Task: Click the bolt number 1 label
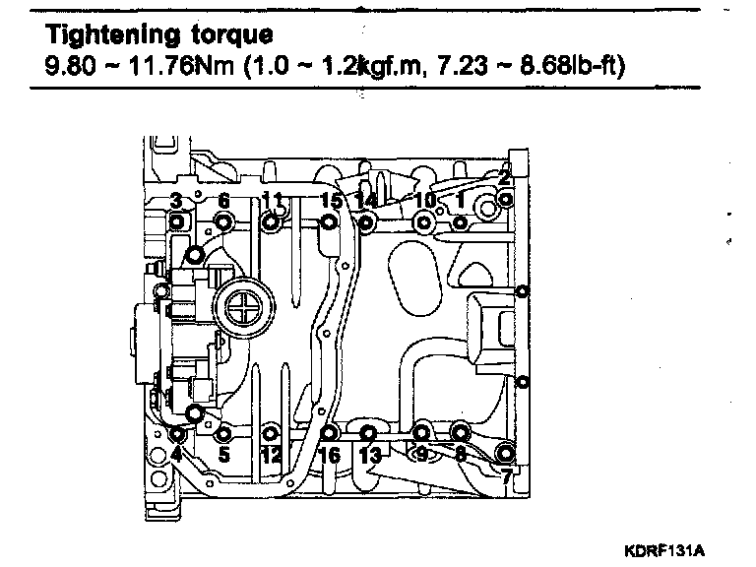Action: click(459, 200)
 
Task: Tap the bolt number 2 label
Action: click(504, 178)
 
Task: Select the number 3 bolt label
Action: click(175, 202)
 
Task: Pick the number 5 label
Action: click(223, 455)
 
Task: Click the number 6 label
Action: click(223, 202)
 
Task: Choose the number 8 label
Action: click(460, 455)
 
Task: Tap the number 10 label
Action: click(424, 200)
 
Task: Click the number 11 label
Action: click(273, 201)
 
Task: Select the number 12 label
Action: click(272, 455)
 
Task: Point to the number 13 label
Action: click(369, 455)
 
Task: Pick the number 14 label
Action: click(366, 201)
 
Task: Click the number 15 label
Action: click(331, 201)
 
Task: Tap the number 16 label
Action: click(330, 455)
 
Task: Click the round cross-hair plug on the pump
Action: click(241, 312)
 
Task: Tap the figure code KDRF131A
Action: click(664, 547)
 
